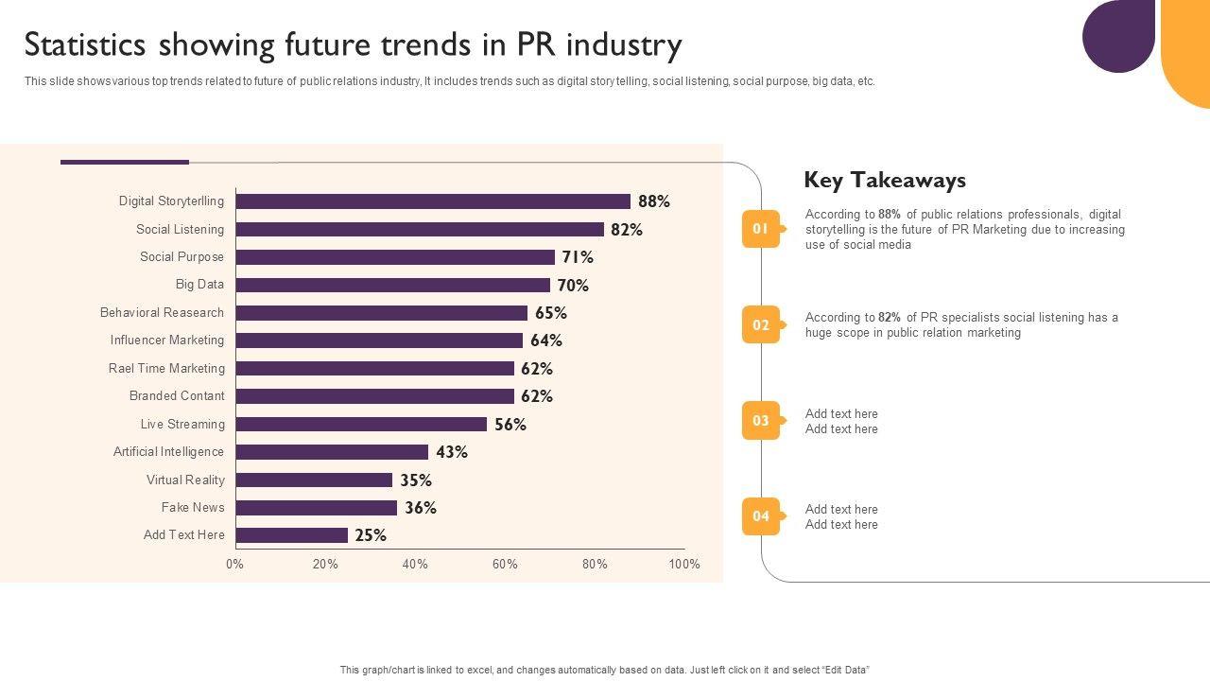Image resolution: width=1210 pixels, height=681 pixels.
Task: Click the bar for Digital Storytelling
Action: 433,201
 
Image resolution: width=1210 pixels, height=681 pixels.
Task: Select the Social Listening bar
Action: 420,230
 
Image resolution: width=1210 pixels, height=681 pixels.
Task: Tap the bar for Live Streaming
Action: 361,425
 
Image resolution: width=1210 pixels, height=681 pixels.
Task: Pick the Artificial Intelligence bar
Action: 332,452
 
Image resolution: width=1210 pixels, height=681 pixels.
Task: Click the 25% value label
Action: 371,535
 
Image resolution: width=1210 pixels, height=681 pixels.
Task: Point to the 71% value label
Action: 578,257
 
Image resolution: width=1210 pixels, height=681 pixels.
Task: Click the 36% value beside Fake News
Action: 421,508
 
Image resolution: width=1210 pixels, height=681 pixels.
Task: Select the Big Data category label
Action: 199,285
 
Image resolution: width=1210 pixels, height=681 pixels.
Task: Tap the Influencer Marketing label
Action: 167,340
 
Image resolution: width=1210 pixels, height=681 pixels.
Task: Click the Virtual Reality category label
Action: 185,480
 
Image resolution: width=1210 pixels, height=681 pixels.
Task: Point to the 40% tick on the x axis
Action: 415,565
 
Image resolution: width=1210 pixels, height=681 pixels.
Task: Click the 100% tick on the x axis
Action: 684,565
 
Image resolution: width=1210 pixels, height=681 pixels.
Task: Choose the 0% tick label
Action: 234,565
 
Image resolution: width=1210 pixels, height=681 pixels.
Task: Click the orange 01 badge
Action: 761,229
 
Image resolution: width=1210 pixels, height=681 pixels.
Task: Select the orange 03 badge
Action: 761,421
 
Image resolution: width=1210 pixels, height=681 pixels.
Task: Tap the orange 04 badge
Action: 761,516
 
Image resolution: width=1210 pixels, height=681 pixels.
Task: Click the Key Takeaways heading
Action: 885,181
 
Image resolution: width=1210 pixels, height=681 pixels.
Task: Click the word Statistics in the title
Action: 84,45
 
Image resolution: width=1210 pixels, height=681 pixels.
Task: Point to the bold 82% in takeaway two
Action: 890,318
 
